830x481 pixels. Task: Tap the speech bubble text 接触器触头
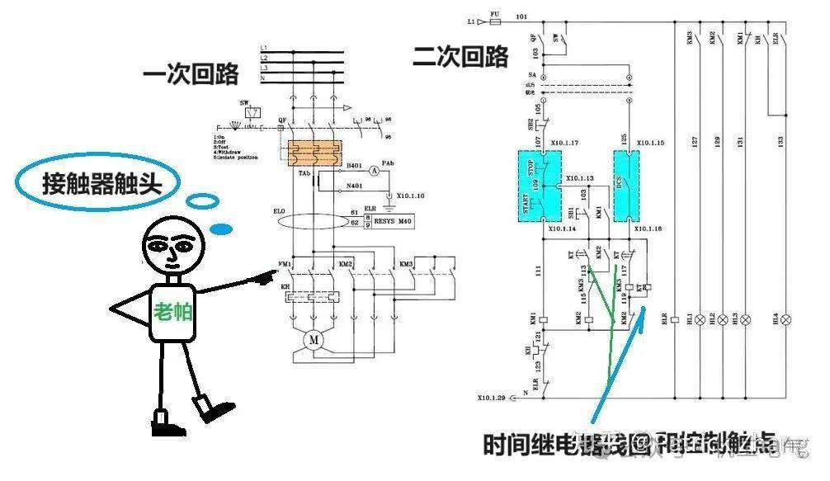point(100,182)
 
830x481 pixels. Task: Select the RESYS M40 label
point(393,222)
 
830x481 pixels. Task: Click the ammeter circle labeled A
point(373,171)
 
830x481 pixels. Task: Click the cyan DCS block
point(625,186)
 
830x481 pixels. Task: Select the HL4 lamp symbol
point(786,318)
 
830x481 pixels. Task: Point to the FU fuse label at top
point(494,14)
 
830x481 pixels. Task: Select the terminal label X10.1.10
point(410,196)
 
